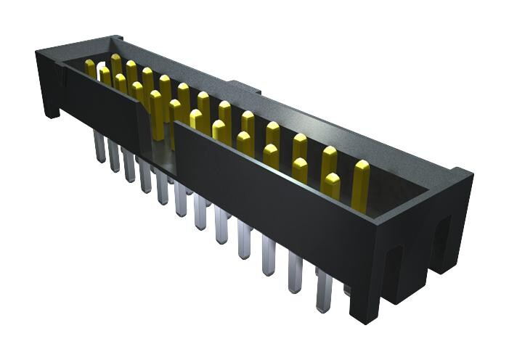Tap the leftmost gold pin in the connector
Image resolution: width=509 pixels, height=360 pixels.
pyautogui.click(x=90, y=69)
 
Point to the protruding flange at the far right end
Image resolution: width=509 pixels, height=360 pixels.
pyautogui.click(x=457, y=218)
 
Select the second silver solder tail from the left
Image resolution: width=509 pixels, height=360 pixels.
pyautogui.click(x=114, y=156)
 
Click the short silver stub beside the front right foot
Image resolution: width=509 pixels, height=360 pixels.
pyautogui.click(x=346, y=292)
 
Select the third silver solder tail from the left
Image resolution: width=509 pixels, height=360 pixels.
pyautogui.click(x=129, y=165)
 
